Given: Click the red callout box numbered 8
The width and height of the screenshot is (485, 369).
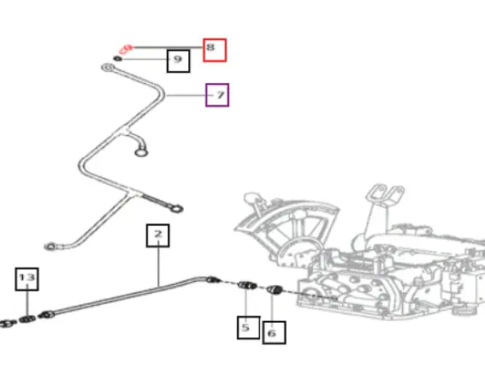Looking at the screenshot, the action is tap(215, 50).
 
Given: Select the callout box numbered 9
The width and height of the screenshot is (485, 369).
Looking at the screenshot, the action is tap(179, 61).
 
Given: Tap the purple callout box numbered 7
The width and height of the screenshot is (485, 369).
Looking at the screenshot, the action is tap(217, 95).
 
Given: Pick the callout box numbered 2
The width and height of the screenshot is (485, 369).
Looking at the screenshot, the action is tap(157, 235).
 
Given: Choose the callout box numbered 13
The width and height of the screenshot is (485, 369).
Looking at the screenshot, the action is tap(27, 279).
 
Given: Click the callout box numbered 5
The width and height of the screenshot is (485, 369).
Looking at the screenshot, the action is tap(248, 328).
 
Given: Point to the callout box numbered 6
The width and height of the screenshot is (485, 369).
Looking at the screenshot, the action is tap(274, 332).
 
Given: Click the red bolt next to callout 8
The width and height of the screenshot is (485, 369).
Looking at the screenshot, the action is tap(127, 49).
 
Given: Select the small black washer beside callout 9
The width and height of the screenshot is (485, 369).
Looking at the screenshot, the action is tap(117, 58).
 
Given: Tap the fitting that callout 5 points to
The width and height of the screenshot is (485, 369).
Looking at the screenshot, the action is tap(247, 285).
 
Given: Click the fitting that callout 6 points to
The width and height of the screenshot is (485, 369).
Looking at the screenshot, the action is tap(274, 289).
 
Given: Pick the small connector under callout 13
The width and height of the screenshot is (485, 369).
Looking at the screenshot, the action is tap(27, 318).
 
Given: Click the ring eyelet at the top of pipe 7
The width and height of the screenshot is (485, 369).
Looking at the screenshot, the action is tap(108, 67).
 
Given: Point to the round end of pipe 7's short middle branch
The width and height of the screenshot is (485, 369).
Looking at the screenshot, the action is tap(141, 152).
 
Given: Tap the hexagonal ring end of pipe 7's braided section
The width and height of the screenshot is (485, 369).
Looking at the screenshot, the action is tap(176, 209).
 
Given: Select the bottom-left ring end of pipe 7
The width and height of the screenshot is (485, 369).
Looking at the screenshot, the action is tap(50, 247).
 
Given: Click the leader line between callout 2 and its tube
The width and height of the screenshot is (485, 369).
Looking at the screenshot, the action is tap(158, 266).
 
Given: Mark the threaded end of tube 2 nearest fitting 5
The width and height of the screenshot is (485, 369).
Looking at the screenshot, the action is tap(214, 280).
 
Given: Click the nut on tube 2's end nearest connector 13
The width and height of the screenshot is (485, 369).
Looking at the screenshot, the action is tap(47, 315).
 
